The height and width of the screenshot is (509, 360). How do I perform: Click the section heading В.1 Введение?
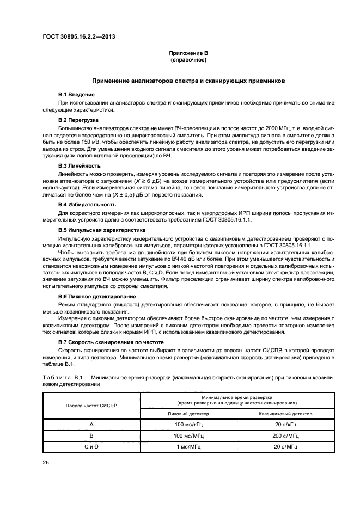(x=77, y=95)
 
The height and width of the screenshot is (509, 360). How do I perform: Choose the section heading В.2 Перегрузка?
(x=78, y=119)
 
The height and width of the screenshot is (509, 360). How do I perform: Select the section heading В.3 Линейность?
(x=80, y=165)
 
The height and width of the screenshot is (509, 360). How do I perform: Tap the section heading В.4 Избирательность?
(x=86, y=204)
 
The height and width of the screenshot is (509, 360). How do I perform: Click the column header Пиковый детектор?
(x=188, y=414)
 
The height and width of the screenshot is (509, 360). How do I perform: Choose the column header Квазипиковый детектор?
(x=285, y=414)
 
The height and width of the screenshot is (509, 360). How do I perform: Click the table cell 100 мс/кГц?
(x=188, y=424)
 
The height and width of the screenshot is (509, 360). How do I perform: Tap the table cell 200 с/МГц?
(x=285, y=435)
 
